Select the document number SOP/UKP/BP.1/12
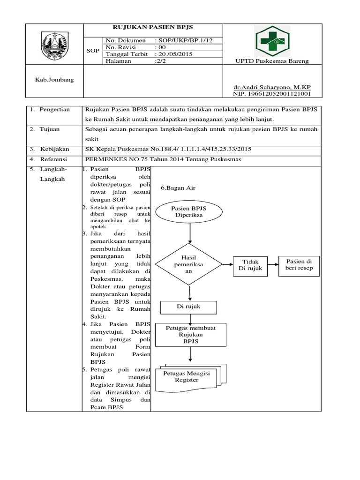coord(183,40)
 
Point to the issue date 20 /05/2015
coord(173,54)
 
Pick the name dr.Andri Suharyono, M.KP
coord(272,88)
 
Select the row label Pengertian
coord(54,110)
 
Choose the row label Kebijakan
coord(55,149)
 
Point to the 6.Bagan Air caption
coord(178,187)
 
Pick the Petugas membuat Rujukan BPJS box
coord(191,335)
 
